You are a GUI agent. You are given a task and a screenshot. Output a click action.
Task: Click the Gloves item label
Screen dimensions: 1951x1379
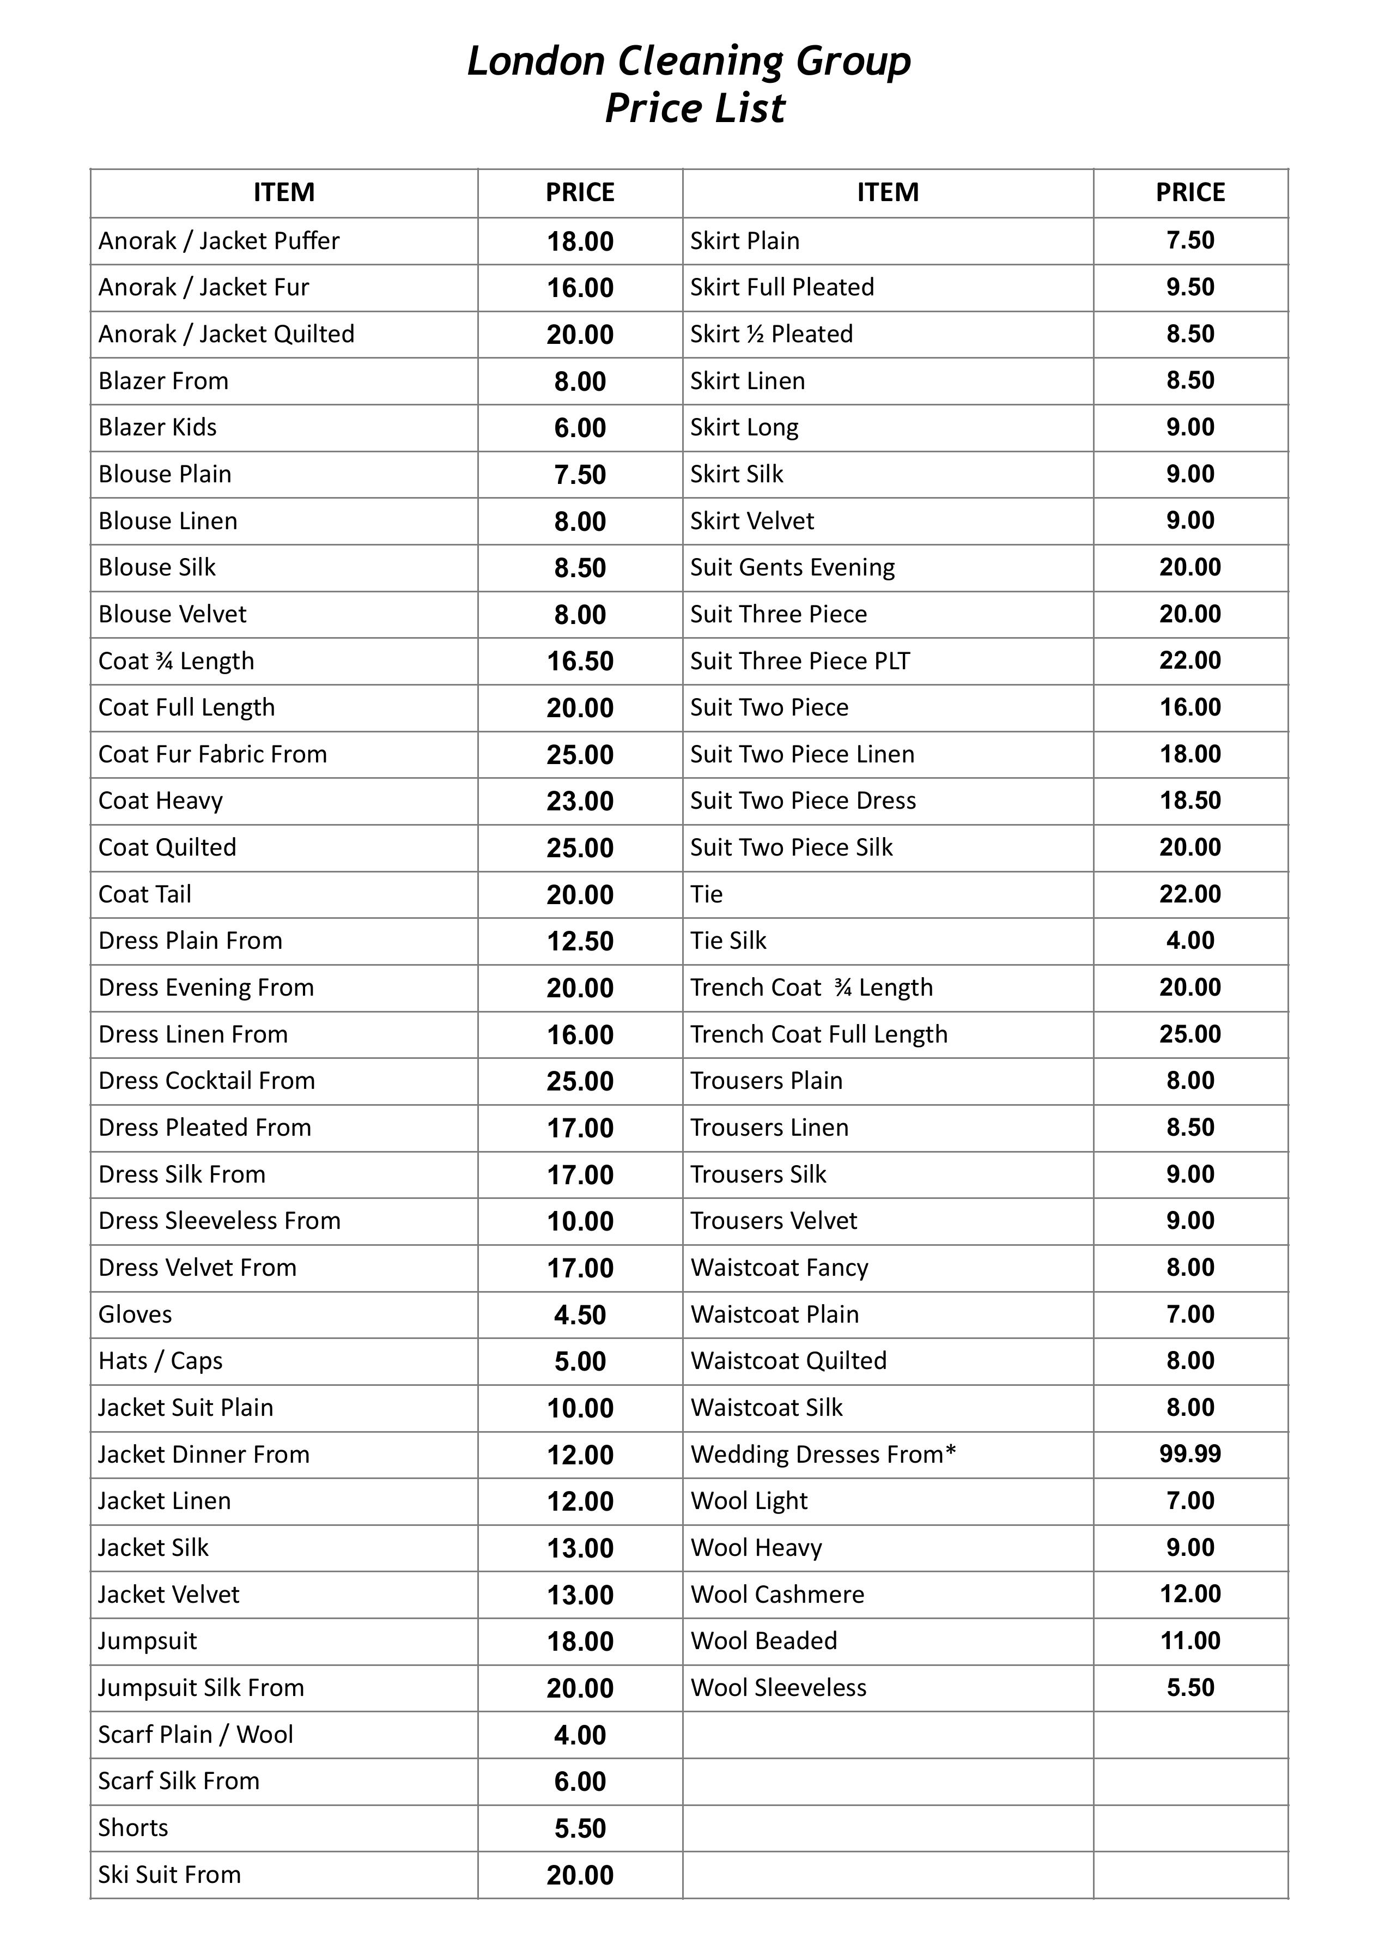click(135, 1314)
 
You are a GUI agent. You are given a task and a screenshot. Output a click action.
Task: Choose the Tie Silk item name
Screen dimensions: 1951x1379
click(727, 941)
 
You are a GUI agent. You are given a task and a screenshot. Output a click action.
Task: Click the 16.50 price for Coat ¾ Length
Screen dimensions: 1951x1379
click(580, 661)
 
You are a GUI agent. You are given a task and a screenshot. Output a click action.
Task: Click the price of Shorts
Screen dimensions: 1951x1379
click(580, 1828)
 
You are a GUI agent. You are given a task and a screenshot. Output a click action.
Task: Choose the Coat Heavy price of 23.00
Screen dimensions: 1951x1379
click(580, 801)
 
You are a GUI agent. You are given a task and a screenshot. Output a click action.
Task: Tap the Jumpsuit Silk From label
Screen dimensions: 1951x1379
click(201, 1688)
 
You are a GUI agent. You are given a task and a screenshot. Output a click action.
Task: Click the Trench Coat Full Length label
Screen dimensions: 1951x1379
click(818, 1034)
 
